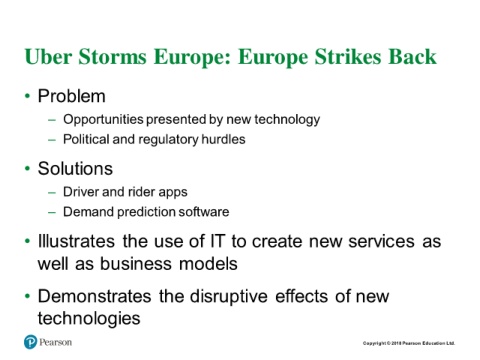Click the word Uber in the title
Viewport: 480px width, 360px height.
[48, 57]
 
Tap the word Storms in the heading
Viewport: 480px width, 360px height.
[113, 57]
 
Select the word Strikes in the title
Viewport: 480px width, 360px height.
[348, 57]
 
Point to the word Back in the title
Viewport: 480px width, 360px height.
[412, 57]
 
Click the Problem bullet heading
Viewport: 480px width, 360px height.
[72, 96]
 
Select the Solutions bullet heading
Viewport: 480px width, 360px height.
[75, 169]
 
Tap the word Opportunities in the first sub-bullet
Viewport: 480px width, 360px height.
[103, 120]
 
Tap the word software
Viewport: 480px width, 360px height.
[204, 212]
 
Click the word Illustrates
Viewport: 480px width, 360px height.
[76, 241]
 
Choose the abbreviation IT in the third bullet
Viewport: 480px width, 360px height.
[218, 241]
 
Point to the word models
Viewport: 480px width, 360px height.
[208, 263]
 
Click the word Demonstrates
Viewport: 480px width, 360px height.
[94, 296]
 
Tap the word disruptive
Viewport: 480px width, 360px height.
[229, 297]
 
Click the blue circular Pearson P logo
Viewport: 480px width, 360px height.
[30, 342]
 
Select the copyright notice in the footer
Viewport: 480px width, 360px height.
[409, 343]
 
